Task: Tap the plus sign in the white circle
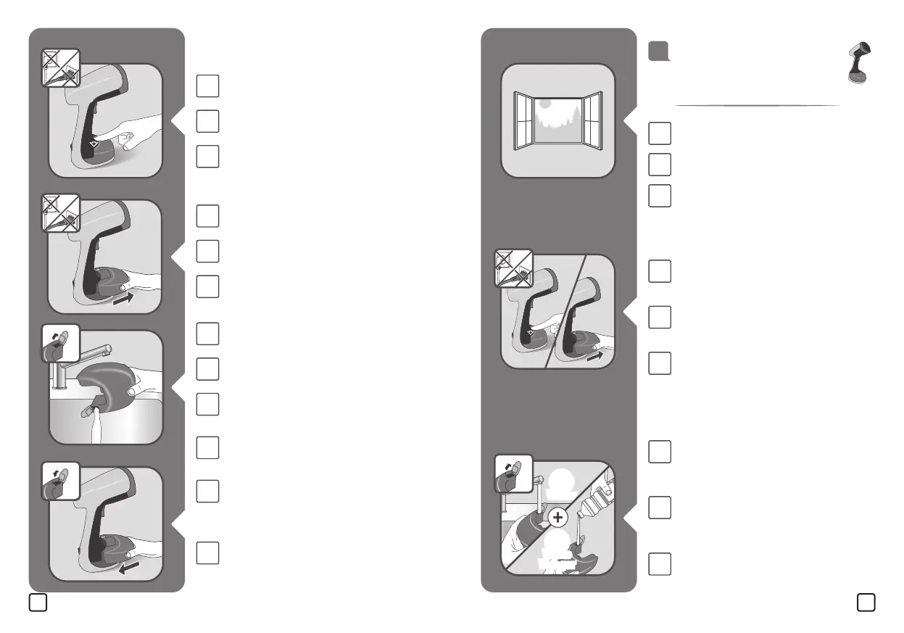point(557,517)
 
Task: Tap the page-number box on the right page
point(866,603)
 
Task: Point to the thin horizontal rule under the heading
point(757,106)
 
